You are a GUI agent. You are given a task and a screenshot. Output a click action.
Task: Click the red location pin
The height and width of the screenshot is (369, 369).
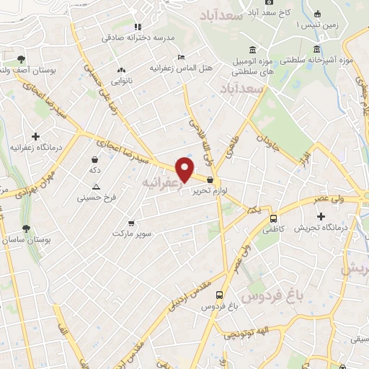185,169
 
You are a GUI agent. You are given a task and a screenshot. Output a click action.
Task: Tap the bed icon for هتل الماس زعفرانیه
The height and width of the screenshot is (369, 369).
181,57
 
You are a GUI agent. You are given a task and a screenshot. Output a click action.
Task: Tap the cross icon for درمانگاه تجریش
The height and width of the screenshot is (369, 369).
321,215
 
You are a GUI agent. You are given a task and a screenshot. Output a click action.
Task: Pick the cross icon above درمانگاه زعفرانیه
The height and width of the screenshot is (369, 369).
35,135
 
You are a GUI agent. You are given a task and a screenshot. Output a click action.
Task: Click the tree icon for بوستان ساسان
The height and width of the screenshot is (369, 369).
27,228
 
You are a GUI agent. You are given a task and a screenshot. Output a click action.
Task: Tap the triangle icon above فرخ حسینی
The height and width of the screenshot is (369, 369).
96,186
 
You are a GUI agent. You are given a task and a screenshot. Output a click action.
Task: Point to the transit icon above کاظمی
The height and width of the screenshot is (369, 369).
273,218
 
